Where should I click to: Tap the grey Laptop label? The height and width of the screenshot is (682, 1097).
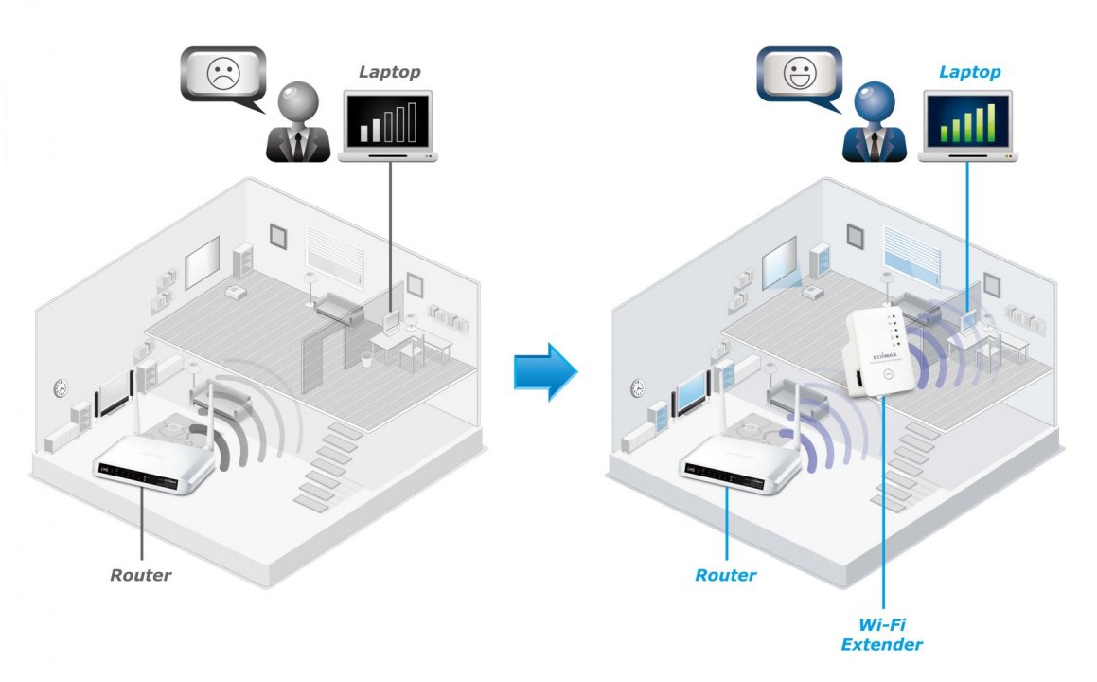point(390,72)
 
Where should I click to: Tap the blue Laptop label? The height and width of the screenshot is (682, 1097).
point(969,72)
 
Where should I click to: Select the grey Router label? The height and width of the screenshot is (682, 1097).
point(141,574)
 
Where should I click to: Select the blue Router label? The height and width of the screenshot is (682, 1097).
point(726,574)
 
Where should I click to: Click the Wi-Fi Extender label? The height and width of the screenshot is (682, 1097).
point(886,635)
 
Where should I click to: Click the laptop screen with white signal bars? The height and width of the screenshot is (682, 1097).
point(385,121)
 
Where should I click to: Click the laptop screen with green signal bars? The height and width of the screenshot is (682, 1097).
point(966,121)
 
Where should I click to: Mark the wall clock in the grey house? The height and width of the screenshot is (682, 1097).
point(61,386)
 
